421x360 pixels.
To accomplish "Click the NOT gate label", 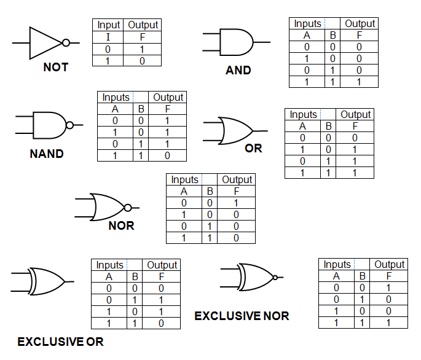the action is point(56,67).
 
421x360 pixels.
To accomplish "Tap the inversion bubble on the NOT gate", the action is point(66,42).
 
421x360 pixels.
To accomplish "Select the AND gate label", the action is point(238,70).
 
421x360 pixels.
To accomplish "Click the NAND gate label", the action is point(47,154).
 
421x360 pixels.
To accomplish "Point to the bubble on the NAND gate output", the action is point(69,125).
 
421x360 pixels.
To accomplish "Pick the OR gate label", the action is point(253,148).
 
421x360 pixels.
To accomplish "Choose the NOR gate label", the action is point(121,226).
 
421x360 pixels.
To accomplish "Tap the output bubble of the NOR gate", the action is point(128,208).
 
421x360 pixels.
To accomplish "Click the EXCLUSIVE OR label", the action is point(60,342).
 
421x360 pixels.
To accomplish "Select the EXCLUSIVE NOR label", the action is point(242,316).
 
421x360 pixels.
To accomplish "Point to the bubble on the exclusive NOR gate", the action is point(275,278).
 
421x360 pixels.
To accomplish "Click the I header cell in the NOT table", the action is point(108,37).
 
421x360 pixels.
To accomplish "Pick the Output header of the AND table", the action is point(360,23).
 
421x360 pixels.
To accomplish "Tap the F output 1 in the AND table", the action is point(359,82).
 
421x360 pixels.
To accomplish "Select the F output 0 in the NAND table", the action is point(167,155).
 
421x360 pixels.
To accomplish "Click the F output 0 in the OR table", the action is point(355,138).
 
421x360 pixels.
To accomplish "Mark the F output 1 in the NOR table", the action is point(236,203).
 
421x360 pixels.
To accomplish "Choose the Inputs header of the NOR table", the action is point(185,179).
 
